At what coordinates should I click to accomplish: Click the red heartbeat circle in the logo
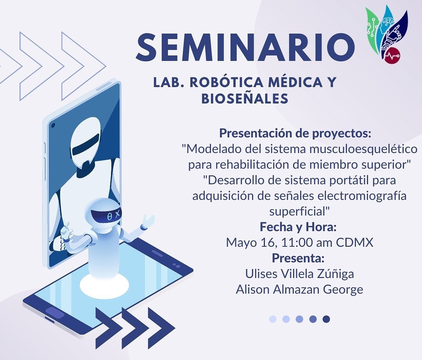pos(392,55)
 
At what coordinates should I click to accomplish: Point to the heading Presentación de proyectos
pos(295,133)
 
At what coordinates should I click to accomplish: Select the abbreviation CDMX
pos(355,242)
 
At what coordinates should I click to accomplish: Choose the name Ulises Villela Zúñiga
pos(299,274)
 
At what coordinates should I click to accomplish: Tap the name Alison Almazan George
pos(299,289)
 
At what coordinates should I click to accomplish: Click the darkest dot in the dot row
pos(326,319)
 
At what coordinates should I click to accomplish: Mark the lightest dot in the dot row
pos(273,319)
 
